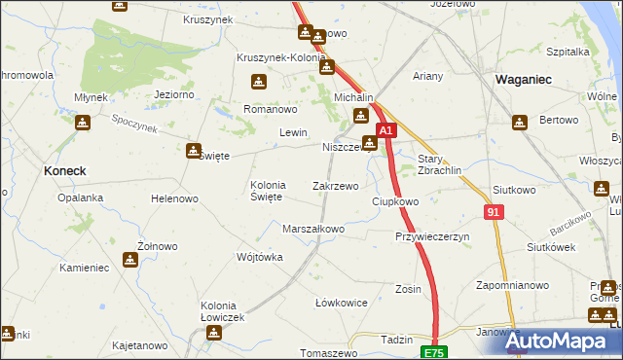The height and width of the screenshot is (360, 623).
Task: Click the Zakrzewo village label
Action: tap(335, 185)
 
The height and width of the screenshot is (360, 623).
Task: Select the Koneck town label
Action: tap(65, 170)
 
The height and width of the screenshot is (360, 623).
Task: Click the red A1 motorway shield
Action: tap(385, 130)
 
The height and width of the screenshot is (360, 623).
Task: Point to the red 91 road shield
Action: tap(494, 212)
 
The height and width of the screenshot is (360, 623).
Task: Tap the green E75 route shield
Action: tap(433, 350)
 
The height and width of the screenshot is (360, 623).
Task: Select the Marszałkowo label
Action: tap(312, 229)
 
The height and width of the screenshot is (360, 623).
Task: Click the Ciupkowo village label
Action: tap(395, 201)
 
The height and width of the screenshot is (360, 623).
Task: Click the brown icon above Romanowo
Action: tap(258, 82)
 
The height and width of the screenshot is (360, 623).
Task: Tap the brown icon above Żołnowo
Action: tap(130, 260)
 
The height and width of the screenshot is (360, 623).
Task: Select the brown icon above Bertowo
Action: tap(520, 123)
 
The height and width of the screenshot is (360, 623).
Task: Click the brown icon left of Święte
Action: tap(193, 151)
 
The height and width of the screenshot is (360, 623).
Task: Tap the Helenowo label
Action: tap(174, 198)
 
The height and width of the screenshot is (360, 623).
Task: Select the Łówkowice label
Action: tap(342, 303)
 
